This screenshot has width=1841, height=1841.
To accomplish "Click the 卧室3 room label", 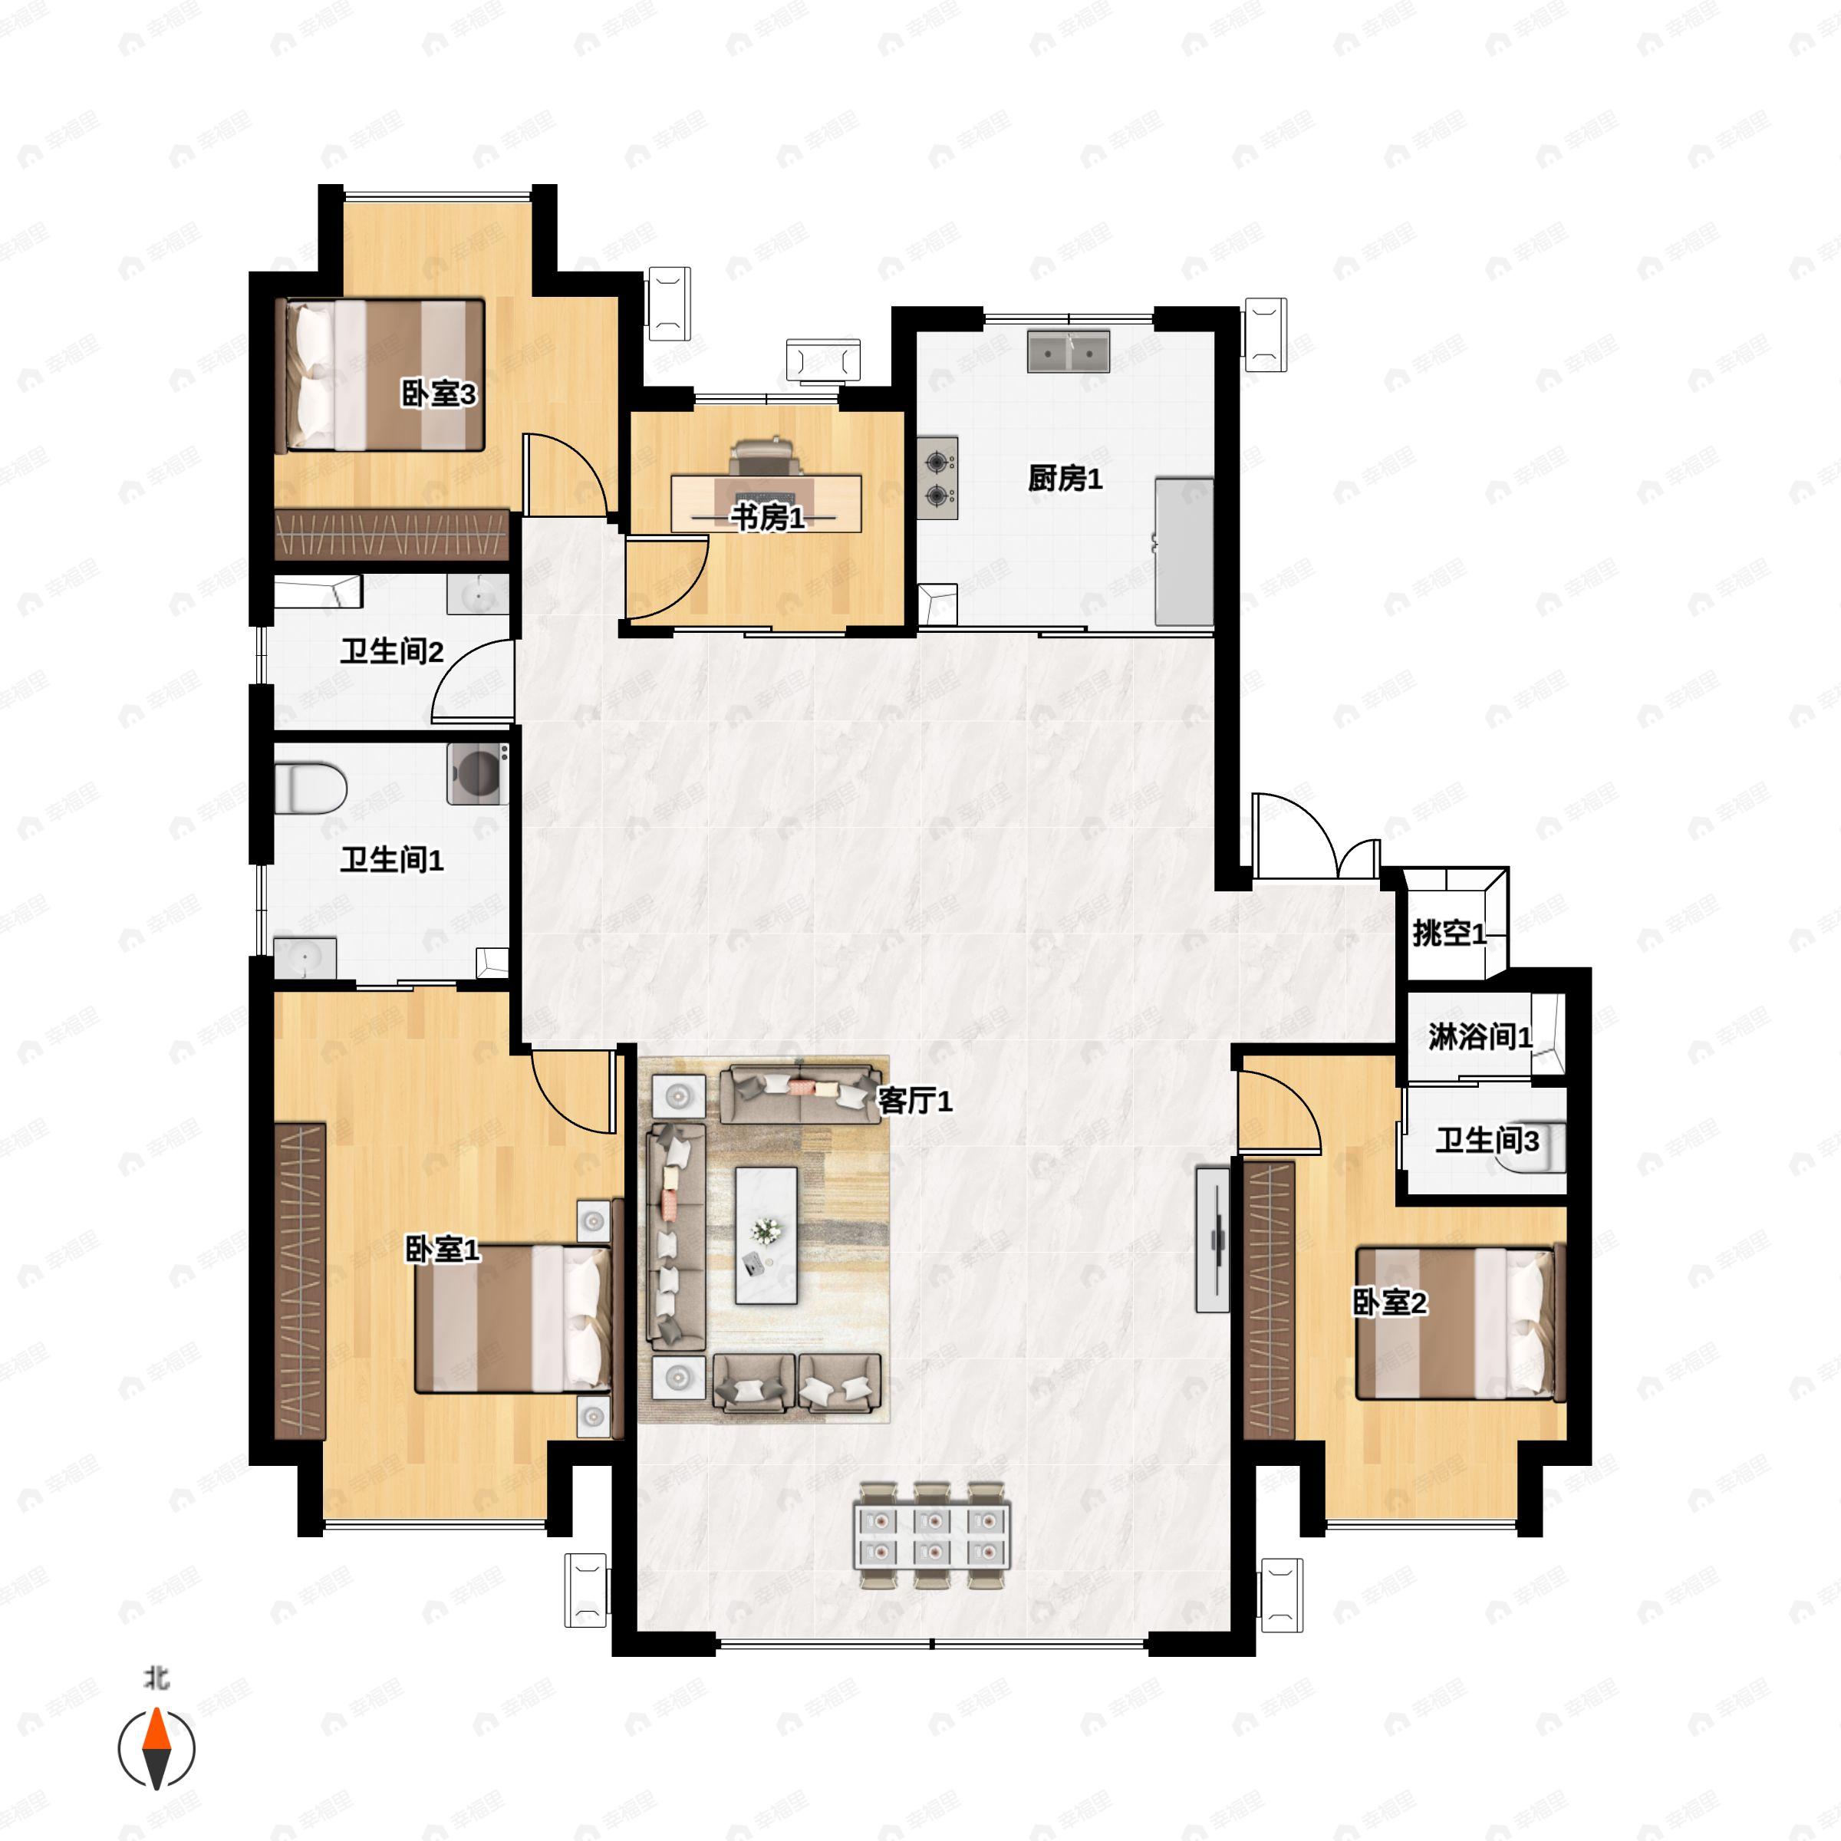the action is coord(438,394).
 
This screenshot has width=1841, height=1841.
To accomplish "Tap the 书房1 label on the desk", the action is coord(768,518).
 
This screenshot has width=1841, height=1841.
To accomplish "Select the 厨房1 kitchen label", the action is coord(1065,479).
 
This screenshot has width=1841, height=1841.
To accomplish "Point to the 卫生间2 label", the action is coord(393,652).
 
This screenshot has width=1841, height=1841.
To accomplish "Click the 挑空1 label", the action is coord(1449,933).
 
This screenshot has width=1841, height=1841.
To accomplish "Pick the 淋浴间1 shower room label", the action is coord(1480,1037).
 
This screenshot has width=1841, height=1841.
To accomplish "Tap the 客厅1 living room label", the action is coord(915,1101).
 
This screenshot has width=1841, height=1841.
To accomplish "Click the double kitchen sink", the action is coord(1069,351).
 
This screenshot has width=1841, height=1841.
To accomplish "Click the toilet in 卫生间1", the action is coord(310,787).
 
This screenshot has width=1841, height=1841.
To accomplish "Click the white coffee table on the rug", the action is coord(766,1235).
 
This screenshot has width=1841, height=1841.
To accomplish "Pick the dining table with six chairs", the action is coord(933,1535).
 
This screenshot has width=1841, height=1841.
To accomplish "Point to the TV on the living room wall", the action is coord(1213,1239).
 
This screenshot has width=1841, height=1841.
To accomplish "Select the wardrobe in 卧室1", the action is coord(300,1282).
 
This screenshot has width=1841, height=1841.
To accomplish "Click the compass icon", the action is coord(156,1749).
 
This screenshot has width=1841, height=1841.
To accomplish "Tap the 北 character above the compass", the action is coord(156,1678).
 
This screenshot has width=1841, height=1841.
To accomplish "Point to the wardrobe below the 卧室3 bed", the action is coord(393,535).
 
